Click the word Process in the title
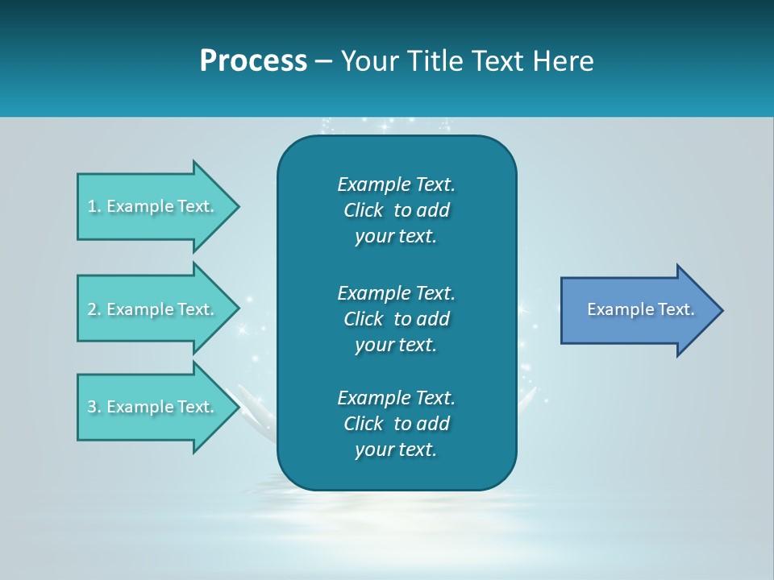(253, 61)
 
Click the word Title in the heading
(436, 61)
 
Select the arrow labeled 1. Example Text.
(153, 206)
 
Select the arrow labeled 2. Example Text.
(153, 309)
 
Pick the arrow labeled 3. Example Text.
(153, 407)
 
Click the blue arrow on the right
(637, 310)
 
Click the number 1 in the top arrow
(92, 206)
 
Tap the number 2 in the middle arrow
(92, 309)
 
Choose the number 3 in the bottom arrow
(92, 407)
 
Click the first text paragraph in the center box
(396, 210)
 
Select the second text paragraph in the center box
(396, 319)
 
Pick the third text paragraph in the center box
(396, 424)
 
